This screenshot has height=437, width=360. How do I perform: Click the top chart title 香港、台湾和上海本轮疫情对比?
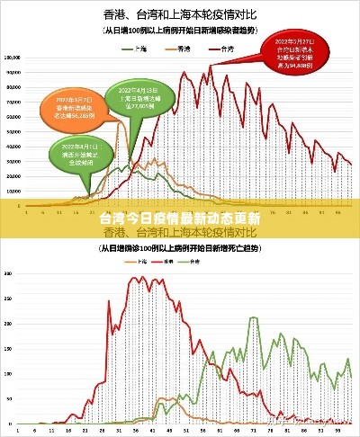[x=181, y=13]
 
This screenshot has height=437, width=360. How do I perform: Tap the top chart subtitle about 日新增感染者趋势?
[x=181, y=30]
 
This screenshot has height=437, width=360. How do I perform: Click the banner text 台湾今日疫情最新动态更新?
[x=180, y=218]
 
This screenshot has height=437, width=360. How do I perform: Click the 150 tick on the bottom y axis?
[x=9, y=346]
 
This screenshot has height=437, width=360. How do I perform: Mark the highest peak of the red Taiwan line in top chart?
[x=211, y=65]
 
